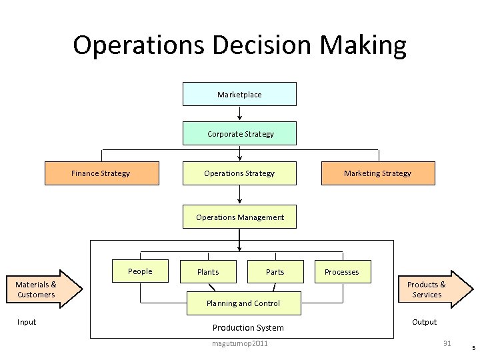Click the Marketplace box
pyautogui.click(x=239, y=95)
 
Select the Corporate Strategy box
pyautogui.click(x=240, y=134)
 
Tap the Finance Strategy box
pyautogui.click(x=101, y=173)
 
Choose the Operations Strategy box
pyautogui.click(x=239, y=173)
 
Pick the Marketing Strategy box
pyautogui.click(x=377, y=173)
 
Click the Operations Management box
pyautogui.click(x=240, y=217)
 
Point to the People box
pyautogui.click(x=140, y=271)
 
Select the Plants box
pyautogui.click(x=208, y=272)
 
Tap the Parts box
pyautogui.click(x=275, y=272)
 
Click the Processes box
pyautogui.click(x=341, y=272)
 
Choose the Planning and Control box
pyautogui.click(x=243, y=303)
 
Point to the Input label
pyautogui.click(x=27, y=322)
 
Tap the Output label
pyautogui.click(x=424, y=322)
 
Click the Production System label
pyautogui.click(x=248, y=327)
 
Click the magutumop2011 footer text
pyautogui.click(x=240, y=343)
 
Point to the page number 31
pyautogui.click(x=447, y=343)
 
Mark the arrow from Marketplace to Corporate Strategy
pyautogui.click(x=239, y=113)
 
